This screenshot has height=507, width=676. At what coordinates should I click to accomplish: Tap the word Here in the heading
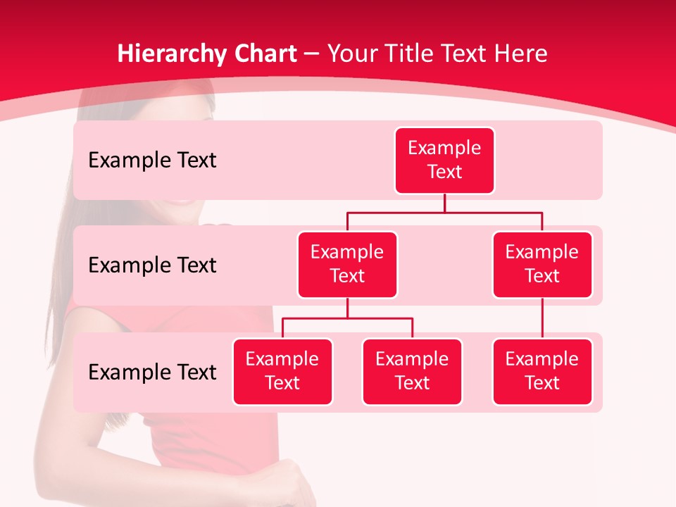[x=520, y=54]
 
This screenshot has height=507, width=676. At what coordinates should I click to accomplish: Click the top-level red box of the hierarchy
[x=444, y=160]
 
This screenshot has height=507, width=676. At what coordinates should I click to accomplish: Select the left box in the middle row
[x=347, y=264]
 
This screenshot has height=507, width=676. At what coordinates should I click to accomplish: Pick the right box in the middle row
[x=542, y=264]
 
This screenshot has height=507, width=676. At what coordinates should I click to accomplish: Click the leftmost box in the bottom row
[x=282, y=371]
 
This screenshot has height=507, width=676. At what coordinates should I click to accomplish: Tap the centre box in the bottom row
[x=412, y=371]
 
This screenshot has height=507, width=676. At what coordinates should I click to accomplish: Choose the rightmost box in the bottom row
[x=542, y=371]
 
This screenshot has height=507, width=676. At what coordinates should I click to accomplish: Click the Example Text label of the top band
[x=152, y=161]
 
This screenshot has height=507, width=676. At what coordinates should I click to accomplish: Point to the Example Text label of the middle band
[x=152, y=265]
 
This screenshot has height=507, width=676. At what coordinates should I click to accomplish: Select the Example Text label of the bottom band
[x=152, y=372]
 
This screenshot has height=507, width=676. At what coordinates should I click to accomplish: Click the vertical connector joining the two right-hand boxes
[x=542, y=318]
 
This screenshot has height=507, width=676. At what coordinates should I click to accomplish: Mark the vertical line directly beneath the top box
[x=444, y=203]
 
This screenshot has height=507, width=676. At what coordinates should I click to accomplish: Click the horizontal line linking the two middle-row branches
[x=444, y=212]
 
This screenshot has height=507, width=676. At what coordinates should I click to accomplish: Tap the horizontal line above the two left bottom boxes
[x=347, y=318]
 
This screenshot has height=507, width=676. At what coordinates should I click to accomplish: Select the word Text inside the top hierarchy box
[x=444, y=172]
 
